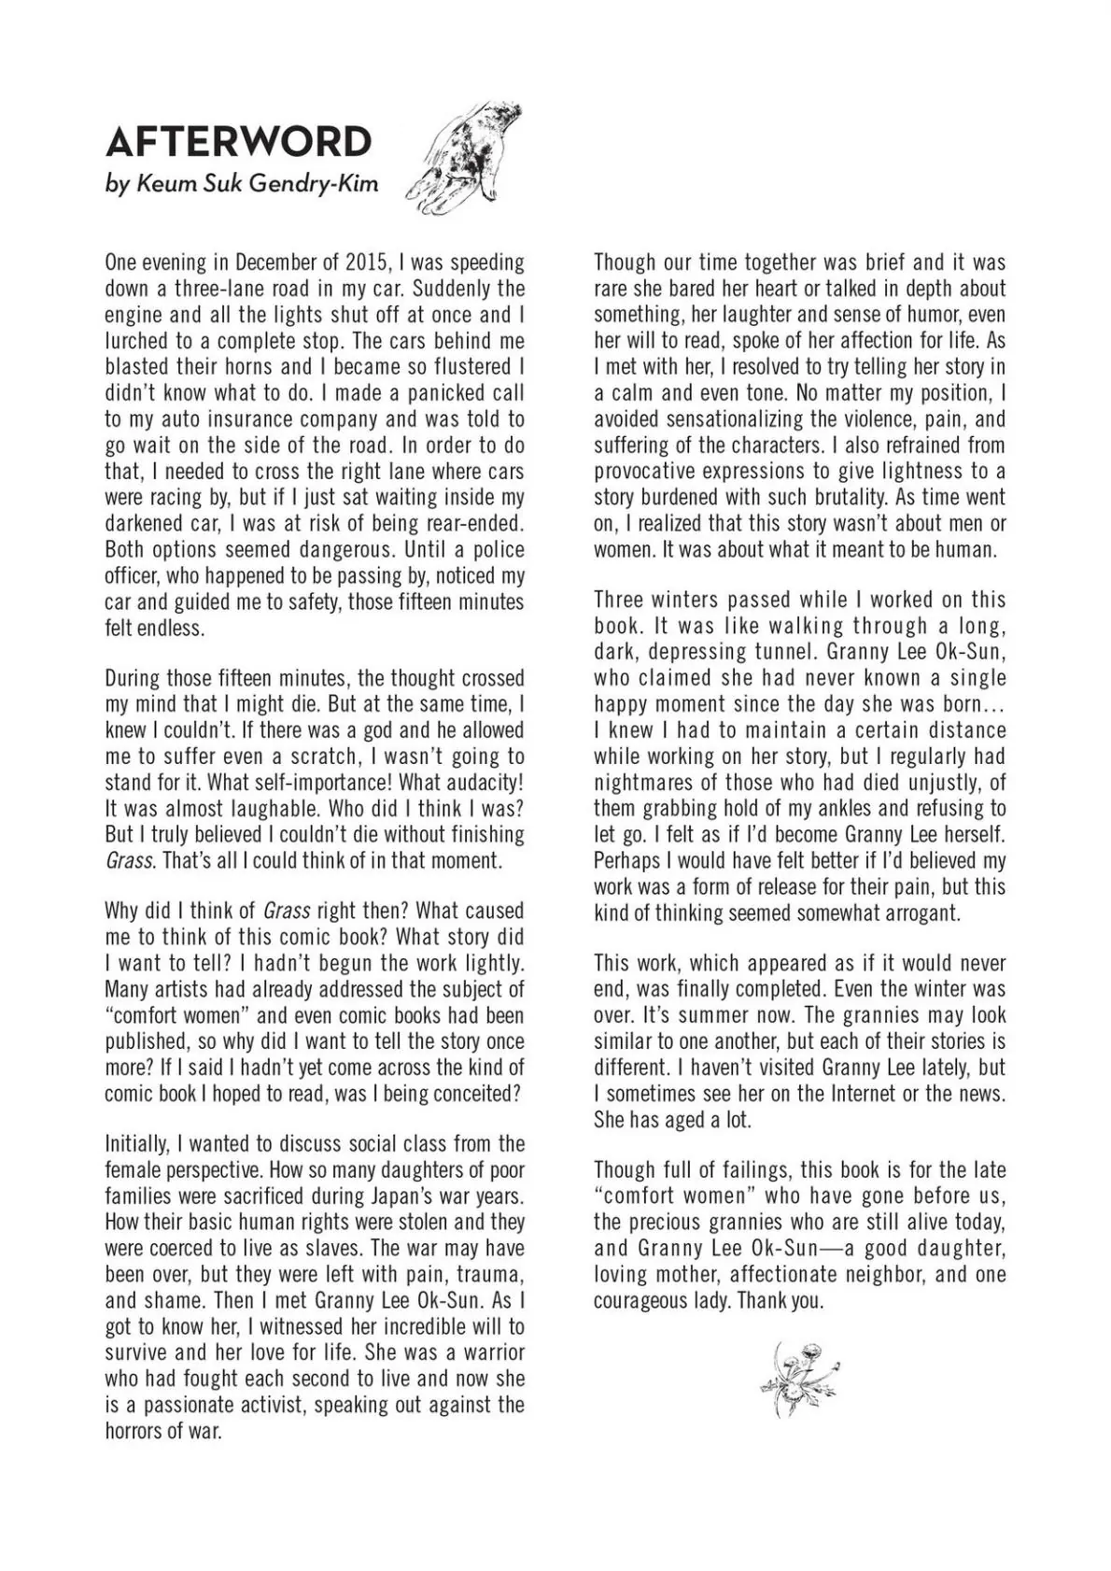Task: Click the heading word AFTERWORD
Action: tap(238, 141)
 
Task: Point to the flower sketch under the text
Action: tap(798, 1376)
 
